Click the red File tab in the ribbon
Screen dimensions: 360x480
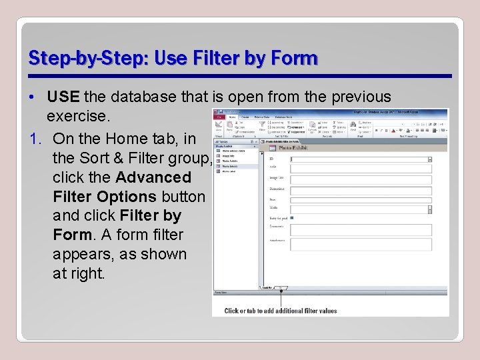[218, 117]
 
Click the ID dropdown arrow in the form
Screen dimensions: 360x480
[429, 159]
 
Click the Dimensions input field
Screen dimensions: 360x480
[360, 189]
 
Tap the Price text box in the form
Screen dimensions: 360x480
[360, 199]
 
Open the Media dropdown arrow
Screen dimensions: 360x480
[429, 209]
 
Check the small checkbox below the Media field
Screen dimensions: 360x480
[292, 218]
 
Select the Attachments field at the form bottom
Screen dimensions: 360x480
[360, 244]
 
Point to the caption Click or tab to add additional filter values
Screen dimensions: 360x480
[281, 311]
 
